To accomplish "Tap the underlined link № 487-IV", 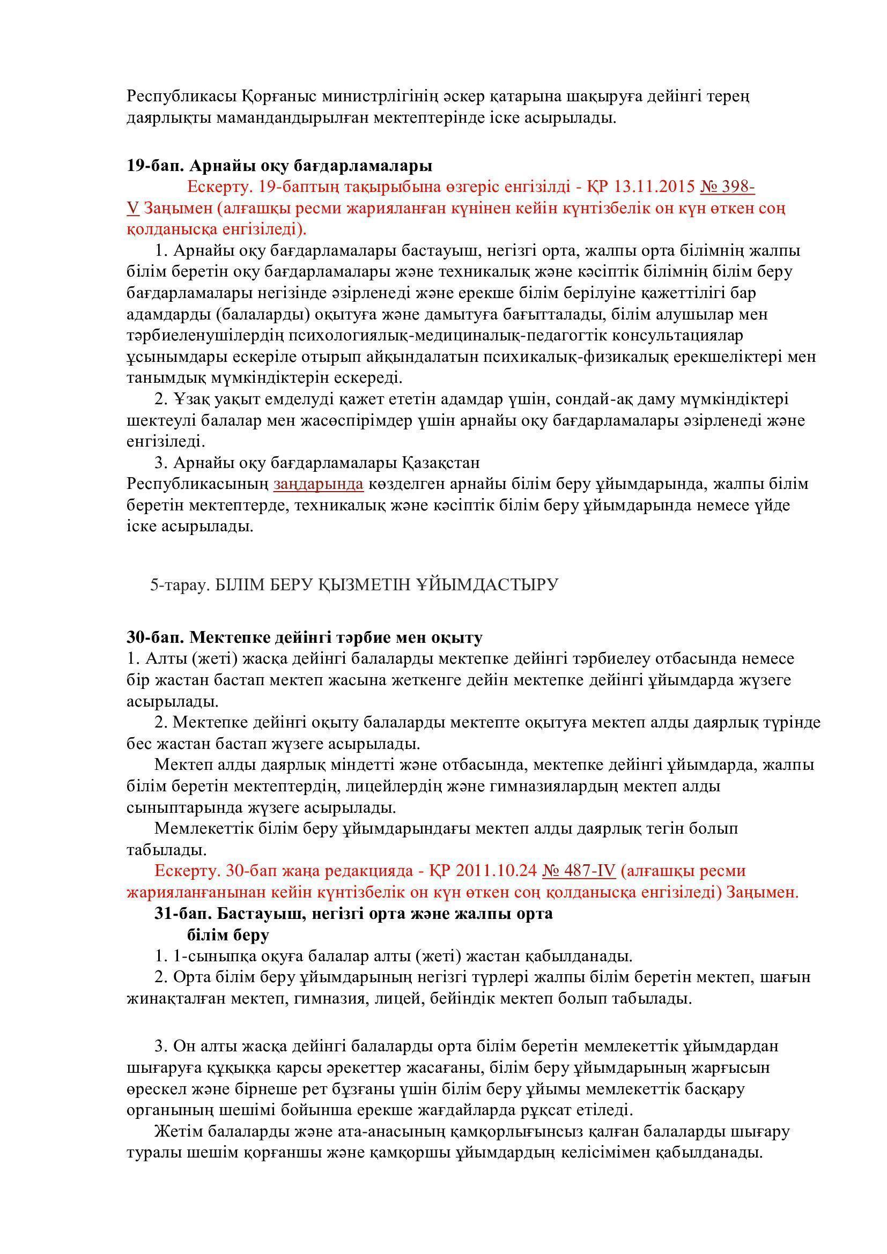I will pyautogui.click(x=579, y=871).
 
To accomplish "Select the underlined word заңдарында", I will pyautogui.click(x=319, y=484).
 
